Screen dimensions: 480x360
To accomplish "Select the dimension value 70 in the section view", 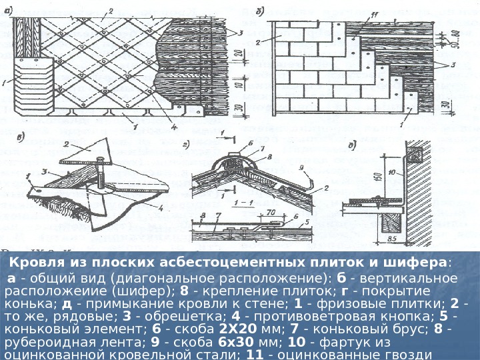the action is coord(272,213).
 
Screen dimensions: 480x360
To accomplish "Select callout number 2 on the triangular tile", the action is coord(67,143).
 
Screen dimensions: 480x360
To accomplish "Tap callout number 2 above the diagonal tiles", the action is coord(111,9).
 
